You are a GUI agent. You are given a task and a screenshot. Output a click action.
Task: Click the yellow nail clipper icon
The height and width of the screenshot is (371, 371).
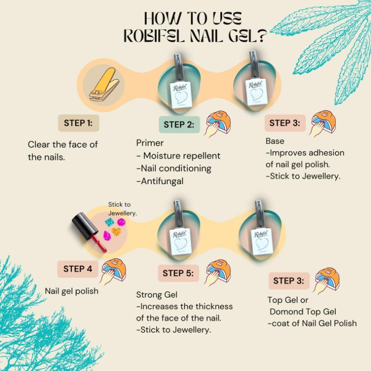[x=104, y=85]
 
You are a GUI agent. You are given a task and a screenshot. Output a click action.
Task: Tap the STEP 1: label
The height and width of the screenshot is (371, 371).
[x=78, y=123]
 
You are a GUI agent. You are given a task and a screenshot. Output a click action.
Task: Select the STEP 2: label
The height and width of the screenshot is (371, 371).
[x=179, y=125]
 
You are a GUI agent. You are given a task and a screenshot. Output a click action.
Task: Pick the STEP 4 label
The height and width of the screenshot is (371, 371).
[x=77, y=269]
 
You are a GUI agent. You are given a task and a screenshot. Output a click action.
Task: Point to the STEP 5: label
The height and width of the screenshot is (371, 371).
[x=178, y=273]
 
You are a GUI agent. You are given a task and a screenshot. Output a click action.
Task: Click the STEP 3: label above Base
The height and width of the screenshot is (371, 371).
[x=285, y=123]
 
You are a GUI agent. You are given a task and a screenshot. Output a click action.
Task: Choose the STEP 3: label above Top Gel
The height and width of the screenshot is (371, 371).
[x=288, y=281]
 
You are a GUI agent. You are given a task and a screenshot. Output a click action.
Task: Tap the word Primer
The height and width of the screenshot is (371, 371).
[x=150, y=143]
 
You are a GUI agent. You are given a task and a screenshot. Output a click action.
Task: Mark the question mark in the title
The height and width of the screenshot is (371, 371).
[x=261, y=36]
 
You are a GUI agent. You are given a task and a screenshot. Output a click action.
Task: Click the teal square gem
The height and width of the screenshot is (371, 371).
[x=109, y=222]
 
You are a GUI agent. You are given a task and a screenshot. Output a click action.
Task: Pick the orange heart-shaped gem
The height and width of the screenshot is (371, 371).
[x=116, y=231]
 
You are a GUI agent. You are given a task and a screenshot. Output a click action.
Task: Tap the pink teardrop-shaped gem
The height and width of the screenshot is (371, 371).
[x=107, y=236]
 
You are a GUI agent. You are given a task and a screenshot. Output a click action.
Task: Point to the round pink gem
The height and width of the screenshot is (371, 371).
[x=121, y=222]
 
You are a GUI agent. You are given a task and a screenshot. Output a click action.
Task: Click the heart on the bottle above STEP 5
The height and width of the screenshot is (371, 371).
[x=181, y=244]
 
